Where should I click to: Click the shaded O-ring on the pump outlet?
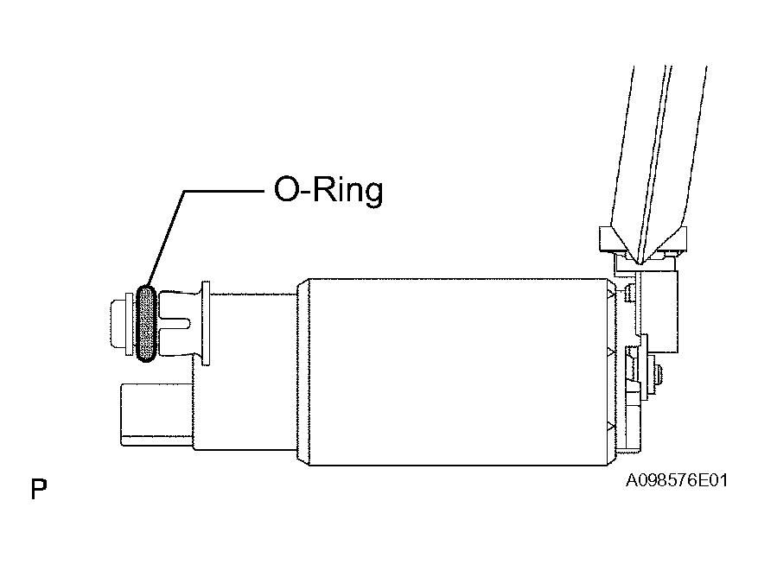tap(146, 323)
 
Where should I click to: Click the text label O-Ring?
tap(328, 190)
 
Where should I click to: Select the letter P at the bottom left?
tap(39, 489)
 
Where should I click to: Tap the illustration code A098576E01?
tap(676, 480)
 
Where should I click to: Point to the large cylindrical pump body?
tap(457, 371)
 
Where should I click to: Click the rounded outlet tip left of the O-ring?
tap(118, 324)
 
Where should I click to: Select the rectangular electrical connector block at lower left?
tap(156, 415)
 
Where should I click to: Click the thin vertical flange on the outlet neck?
tap(206, 323)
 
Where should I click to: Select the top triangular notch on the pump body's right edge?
tap(611, 294)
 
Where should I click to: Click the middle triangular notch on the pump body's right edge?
tap(611, 353)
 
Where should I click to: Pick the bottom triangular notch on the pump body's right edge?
tap(611, 427)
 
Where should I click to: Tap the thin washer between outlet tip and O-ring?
tap(129, 324)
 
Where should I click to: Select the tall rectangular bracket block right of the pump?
tap(659, 312)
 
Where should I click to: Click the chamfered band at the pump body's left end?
tap(303, 371)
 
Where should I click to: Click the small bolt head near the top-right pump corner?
tap(629, 293)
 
